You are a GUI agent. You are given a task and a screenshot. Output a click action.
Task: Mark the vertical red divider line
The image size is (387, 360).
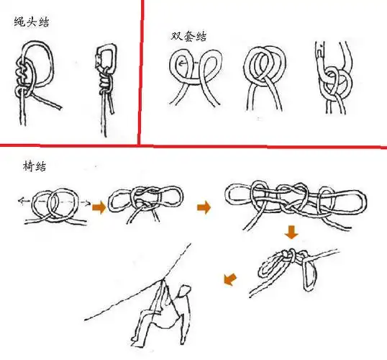pos(140,72)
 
